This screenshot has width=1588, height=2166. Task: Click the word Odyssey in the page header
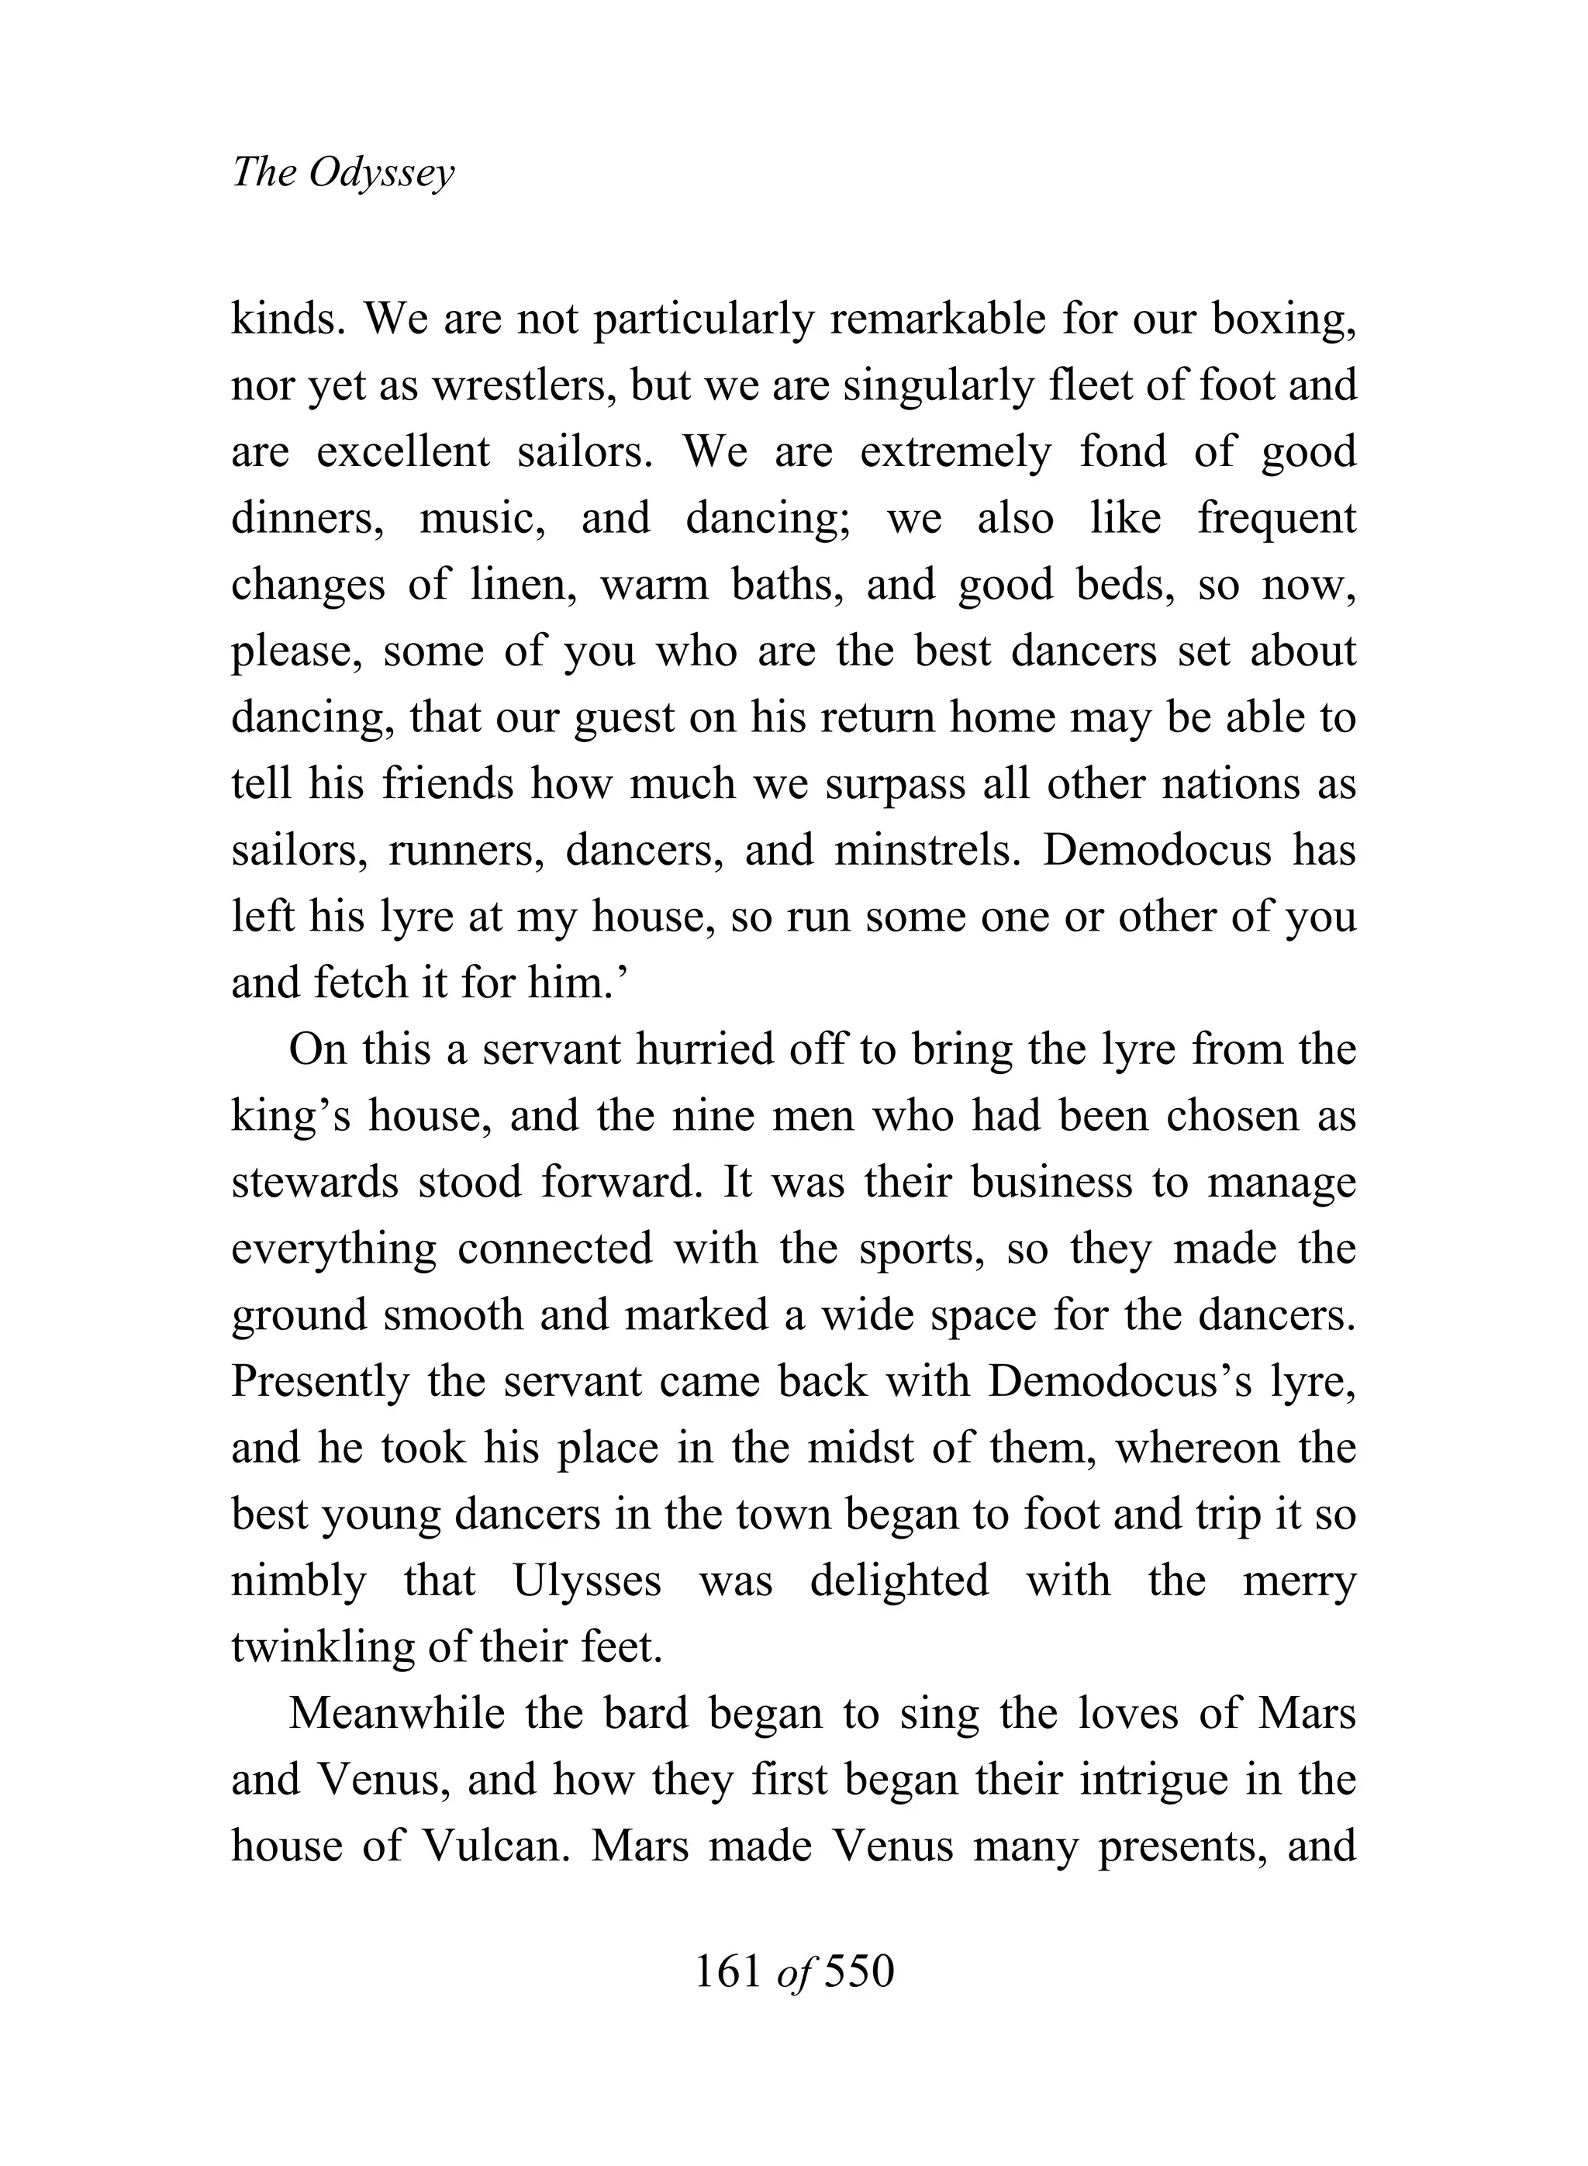click(382, 174)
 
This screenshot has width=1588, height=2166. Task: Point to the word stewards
click(314, 1183)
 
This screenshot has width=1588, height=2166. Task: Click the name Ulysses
click(587, 1580)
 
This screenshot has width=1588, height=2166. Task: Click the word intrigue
click(1162, 1781)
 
